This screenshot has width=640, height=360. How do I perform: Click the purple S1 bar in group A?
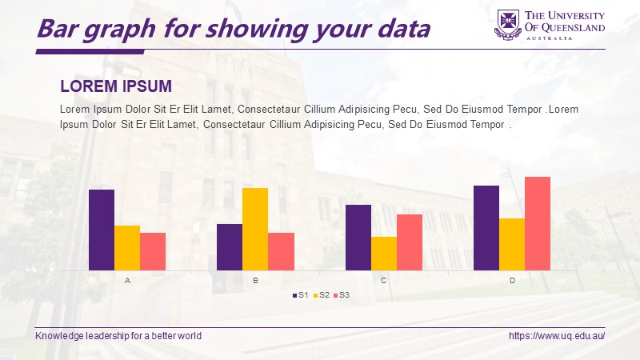tap(102, 230)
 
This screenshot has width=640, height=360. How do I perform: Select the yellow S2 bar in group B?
tap(255, 229)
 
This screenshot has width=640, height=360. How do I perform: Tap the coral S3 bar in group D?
tap(538, 224)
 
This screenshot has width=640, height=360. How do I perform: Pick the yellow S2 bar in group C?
tap(384, 254)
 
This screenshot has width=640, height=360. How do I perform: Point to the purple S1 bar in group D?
tap(486, 228)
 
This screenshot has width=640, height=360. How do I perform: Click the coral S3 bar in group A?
tap(153, 251)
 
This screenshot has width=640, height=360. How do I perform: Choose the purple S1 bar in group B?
tap(230, 247)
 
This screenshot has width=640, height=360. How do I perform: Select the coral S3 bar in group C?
tap(410, 242)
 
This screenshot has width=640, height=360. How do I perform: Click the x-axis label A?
tap(127, 281)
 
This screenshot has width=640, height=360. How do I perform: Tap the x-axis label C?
tap(384, 281)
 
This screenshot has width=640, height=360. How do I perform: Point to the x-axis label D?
tap(512, 281)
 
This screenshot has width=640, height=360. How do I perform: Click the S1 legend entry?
tap(301, 295)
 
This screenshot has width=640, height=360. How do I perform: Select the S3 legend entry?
tap(342, 295)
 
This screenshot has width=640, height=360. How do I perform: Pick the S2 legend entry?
tap(322, 295)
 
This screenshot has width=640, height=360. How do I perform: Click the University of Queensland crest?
tap(508, 25)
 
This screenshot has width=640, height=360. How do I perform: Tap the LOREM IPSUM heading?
tap(116, 86)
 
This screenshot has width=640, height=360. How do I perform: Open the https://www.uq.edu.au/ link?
tap(557, 336)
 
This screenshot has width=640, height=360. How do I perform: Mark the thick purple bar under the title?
tap(90, 52)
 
